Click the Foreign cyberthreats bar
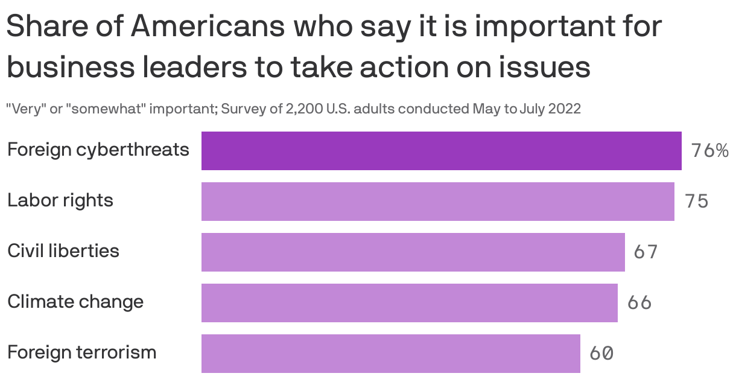[x=441, y=151]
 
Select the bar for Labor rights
[x=437, y=202]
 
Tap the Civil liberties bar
[x=413, y=252]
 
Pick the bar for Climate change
[x=409, y=302]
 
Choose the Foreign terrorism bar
[x=390, y=353]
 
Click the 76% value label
[x=709, y=151]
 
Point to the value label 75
[x=696, y=202]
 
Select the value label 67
[x=646, y=252]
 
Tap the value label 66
[x=639, y=302]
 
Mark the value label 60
[x=601, y=353]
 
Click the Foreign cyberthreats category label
[x=98, y=150]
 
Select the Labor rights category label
[x=60, y=200]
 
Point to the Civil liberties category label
[x=63, y=250]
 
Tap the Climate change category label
[x=75, y=301]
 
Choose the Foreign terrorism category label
[x=81, y=352]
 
